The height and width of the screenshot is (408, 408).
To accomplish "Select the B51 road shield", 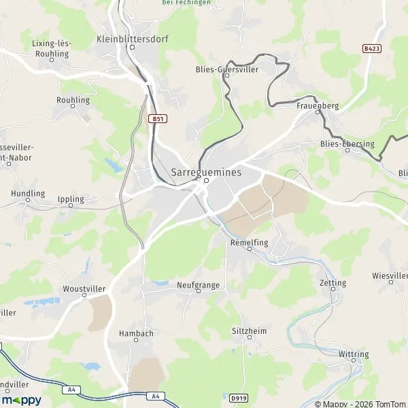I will (157, 118).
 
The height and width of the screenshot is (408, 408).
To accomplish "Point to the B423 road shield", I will (371, 49).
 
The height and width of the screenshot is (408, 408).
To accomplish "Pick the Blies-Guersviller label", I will (227, 69).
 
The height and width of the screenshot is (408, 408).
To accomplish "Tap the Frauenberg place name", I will (318, 106).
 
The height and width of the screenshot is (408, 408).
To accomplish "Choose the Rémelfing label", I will (250, 242).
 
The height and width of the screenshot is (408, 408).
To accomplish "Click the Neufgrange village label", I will (198, 286).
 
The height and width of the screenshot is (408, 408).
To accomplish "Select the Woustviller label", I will (85, 288).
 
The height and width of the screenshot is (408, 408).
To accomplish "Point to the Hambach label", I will (136, 333).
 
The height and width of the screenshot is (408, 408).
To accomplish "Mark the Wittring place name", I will (354, 354).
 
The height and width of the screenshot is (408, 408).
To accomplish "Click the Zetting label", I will (333, 283).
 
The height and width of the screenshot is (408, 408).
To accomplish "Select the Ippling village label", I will (71, 200).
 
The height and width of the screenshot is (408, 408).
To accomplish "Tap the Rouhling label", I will (73, 100).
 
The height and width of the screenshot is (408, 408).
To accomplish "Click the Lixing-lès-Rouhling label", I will (52, 48).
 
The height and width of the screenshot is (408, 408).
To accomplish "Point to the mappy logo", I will (22, 400).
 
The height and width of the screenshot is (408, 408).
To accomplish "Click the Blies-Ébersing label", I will (347, 143).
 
